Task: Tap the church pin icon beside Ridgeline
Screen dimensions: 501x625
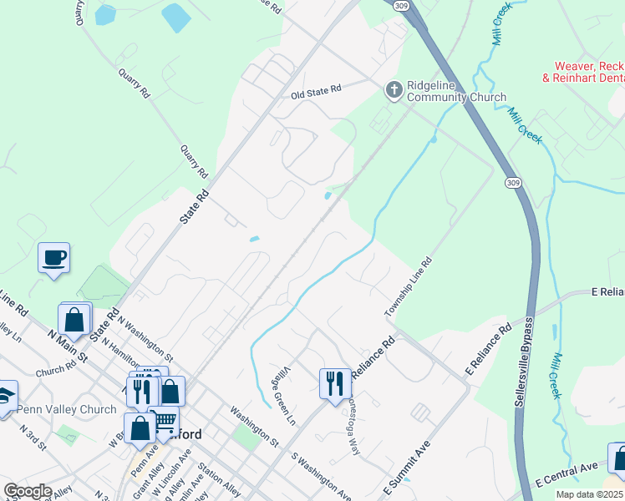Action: [x=393, y=88]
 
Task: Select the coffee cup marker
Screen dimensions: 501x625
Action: [x=54, y=257]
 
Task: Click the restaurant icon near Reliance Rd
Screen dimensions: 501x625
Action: [x=335, y=384]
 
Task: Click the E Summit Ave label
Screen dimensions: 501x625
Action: [x=405, y=466]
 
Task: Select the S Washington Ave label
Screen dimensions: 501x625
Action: [x=322, y=478]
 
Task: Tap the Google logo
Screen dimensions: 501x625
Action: [x=28, y=491]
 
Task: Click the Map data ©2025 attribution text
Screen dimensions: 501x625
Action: [x=589, y=494]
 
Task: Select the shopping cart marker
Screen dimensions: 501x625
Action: [x=165, y=420]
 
